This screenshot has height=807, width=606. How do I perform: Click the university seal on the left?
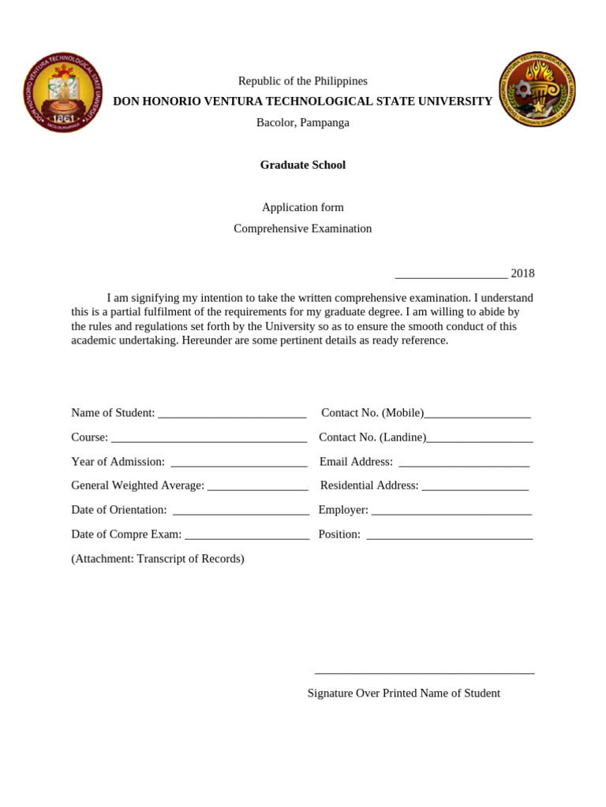[x=63, y=93]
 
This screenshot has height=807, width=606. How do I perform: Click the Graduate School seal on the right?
[x=537, y=89]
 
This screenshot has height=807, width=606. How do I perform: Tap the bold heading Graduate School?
[x=303, y=165]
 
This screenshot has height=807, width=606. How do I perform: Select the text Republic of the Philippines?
[x=303, y=81]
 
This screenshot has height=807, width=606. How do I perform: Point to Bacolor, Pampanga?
[x=303, y=122]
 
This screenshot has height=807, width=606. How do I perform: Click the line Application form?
[x=303, y=207]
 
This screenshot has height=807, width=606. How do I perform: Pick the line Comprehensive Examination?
[x=303, y=229]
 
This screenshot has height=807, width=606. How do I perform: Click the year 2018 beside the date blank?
[x=522, y=273]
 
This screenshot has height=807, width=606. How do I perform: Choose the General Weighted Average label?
[x=137, y=485]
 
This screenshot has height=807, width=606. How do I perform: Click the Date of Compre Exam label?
[x=126, y=534]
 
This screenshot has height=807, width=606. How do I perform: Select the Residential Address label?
[x=369, y=485]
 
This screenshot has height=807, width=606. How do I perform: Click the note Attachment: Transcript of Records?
[x=158, y=559]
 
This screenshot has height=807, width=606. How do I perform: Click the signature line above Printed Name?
[x=425, y=672]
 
